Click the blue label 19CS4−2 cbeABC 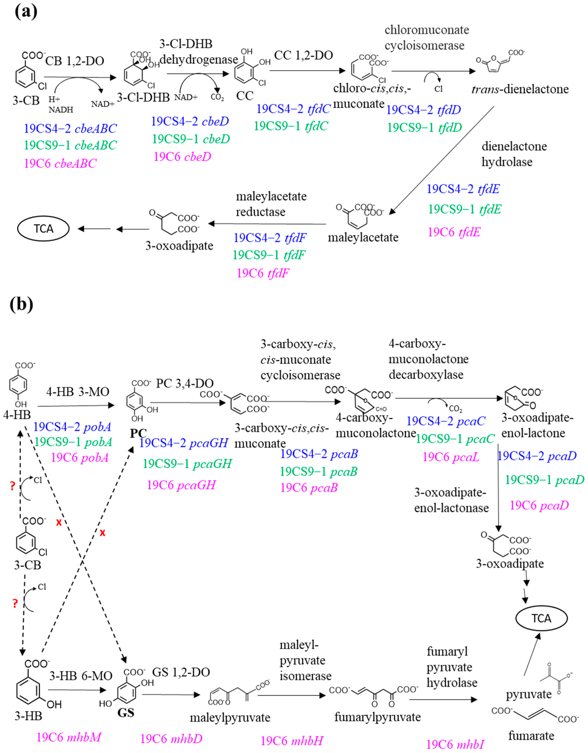[70, 129]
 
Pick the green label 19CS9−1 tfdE [464, 209]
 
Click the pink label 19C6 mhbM [69, 737]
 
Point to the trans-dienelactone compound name [520, 89]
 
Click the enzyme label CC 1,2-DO [303, 55]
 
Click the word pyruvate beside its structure [528, 694]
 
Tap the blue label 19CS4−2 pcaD [537, 456]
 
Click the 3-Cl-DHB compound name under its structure [143, 98]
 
